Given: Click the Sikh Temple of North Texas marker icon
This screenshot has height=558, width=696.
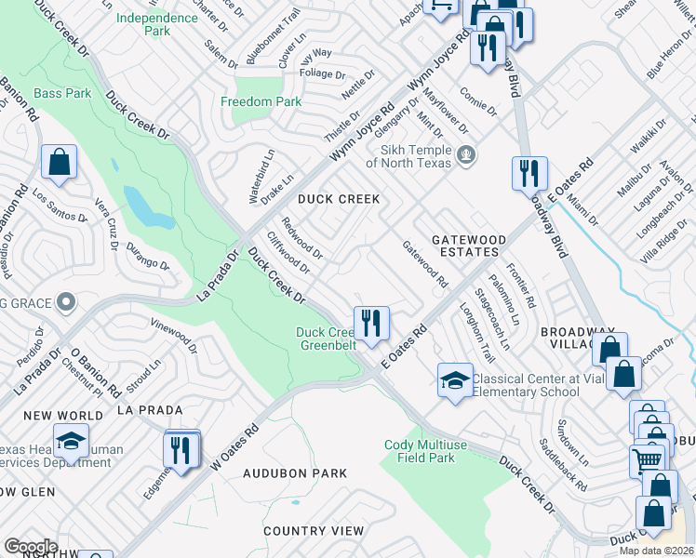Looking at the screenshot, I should (x=467, y=154).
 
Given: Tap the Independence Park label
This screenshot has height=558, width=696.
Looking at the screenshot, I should (x=144, y=23).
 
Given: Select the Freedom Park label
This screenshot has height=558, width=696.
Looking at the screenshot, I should (x=261, y=100).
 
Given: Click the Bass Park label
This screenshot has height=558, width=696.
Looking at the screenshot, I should (x=62, y=93).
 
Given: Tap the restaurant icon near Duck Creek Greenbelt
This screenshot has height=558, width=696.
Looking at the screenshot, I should (x=370, y=323).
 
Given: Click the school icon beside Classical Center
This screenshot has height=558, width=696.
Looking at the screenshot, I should (x=454, y=379).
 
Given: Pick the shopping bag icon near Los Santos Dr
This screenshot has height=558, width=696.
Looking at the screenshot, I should (x=59, y=161).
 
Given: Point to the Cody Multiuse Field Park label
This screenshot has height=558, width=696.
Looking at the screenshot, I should (x=432, y=451).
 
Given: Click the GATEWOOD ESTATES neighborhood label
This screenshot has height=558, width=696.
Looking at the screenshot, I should (x=469, y=246).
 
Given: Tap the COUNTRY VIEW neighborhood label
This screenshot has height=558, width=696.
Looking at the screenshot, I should (x=313, y=530).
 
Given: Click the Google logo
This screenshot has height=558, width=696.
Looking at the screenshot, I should (x=31, y=547).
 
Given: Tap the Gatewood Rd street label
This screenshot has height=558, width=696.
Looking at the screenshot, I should (x=424, y=264).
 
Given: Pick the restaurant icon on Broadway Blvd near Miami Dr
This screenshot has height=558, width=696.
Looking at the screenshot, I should (x=529, y=173).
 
